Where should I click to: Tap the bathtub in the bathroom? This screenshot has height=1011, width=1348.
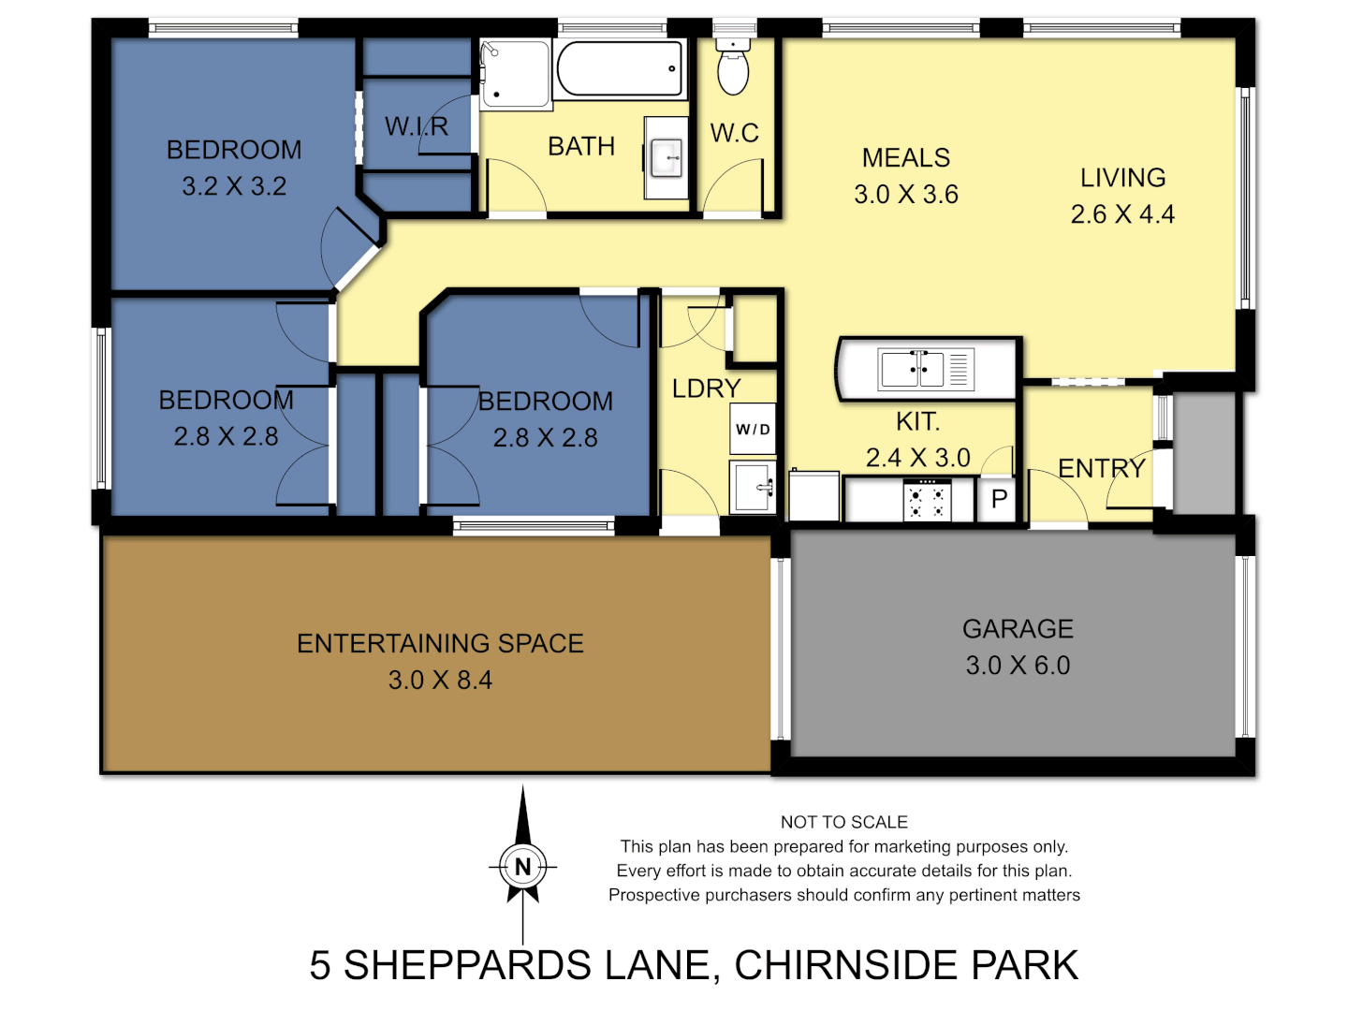tap(620, 68)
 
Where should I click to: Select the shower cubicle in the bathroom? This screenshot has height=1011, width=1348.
tap(514, 74)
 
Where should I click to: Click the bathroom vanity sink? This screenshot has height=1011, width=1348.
tap(667, 157)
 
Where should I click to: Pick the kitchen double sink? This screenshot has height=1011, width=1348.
tap(925, 369)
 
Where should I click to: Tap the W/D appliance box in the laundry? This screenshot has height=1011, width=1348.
tap(753, 430)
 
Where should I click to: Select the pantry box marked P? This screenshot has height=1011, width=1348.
tap(999, 500)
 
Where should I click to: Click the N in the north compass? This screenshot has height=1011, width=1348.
tap(522, 867)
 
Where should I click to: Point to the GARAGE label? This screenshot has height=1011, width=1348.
tap(1018, 629)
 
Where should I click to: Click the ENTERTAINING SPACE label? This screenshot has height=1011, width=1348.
tap(440, 643)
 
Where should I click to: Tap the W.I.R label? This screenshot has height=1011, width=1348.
tap(417, 126)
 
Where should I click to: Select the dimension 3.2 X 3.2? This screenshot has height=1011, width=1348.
tap(234, 186)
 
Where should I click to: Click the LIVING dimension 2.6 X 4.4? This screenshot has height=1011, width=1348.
tap(1122, 214)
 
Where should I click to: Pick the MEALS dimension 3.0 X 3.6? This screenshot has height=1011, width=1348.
tap(905, 195)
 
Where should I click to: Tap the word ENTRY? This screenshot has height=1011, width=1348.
tap(1101, 468)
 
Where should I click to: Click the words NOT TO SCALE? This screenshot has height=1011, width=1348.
tap(843, 822)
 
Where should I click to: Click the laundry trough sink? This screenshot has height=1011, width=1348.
tap(753, 487)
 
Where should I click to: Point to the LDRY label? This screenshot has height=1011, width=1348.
tap(706, 388)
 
